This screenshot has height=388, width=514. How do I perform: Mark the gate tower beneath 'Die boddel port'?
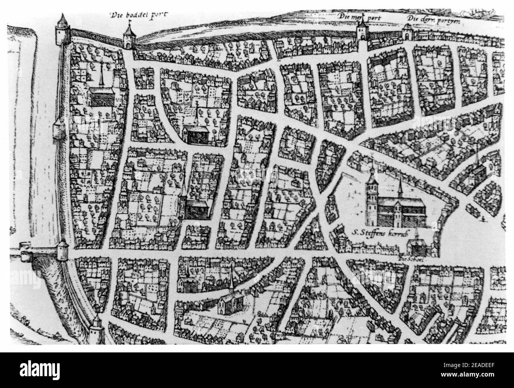(129, 37)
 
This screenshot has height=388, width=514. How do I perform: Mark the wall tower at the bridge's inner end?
(63, 251)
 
